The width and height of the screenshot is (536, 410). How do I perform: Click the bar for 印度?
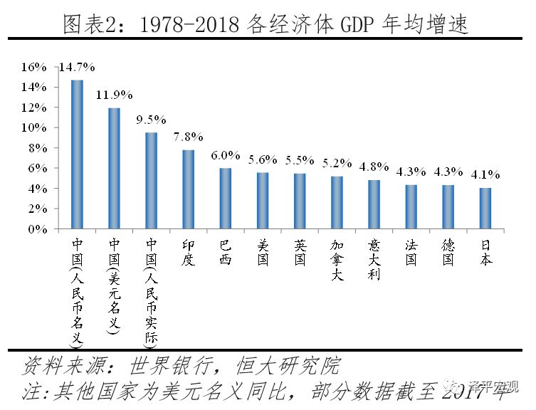pos(188,189)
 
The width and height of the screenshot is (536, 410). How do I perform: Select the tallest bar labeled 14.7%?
pos(77,154)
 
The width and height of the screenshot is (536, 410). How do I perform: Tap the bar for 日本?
pos(485,209)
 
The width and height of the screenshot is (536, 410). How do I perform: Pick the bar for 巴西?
pos(225,199)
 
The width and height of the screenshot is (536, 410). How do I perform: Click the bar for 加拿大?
pos(337,203)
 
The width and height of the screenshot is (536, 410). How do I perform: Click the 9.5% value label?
pos(151,118)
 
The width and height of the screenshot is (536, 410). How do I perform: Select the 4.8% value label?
pos(374,166)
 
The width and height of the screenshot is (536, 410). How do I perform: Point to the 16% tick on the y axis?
pos(33,67)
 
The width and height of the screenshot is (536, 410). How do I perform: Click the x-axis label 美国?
pos(263,252)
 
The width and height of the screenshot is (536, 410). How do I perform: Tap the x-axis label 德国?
pos(448,252)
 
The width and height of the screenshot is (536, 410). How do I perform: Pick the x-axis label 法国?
pos(411,252)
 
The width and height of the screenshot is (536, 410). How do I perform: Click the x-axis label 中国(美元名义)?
pos(114,285)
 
